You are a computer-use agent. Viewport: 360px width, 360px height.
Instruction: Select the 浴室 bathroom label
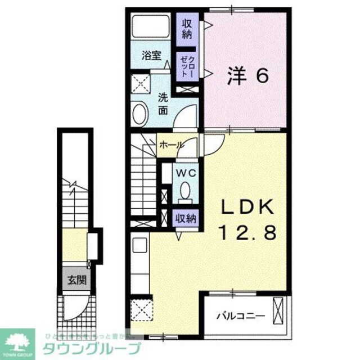pos(151,56)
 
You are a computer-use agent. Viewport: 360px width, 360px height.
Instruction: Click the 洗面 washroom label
pos(163,102)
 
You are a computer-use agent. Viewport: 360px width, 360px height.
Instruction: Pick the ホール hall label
pos(171,145)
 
